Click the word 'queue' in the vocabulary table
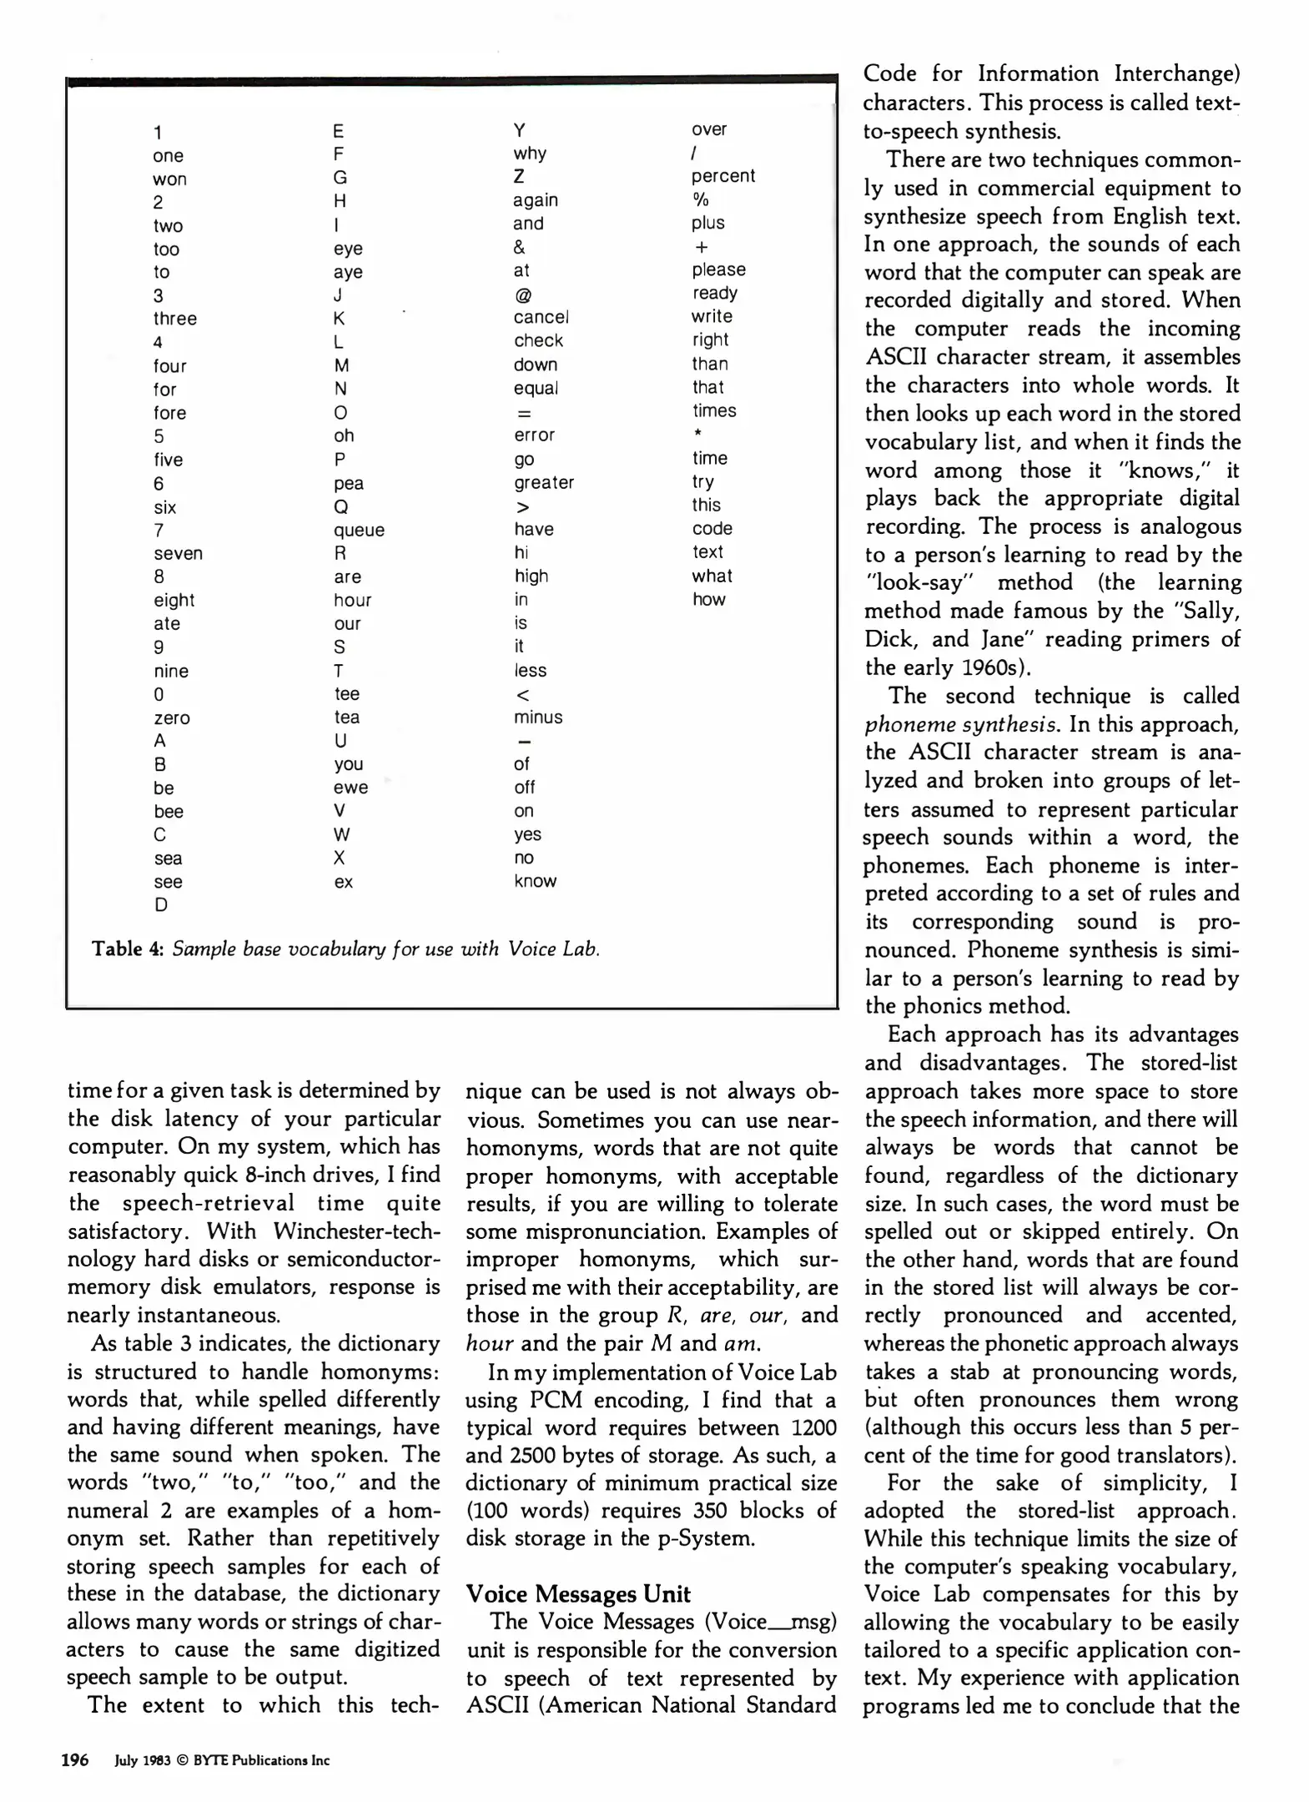coord(359,530)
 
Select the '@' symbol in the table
coord(522,294)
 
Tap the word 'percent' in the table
coord(722,176)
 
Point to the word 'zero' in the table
coord(172,717)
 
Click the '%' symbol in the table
coord(700,199)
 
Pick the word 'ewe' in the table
coord(350,788)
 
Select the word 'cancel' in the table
coord(541,317)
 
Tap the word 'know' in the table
coord(535,881)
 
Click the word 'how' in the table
coord(708,599)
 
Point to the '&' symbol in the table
coord(519,247)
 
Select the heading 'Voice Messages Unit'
coord(578,1594)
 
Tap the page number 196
coord(75,1760)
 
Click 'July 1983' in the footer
coord(143,1761)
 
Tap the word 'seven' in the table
coord(178,553)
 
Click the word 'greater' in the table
coord(544,482)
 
